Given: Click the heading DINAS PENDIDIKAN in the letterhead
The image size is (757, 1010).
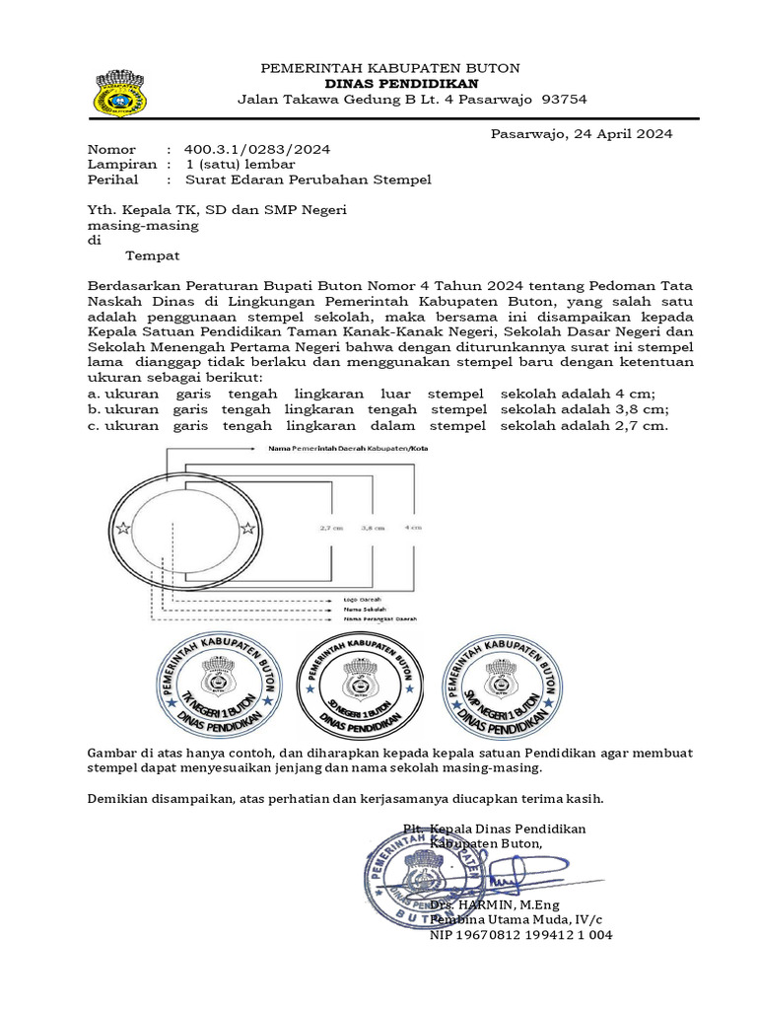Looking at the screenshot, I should [x=389, y=84].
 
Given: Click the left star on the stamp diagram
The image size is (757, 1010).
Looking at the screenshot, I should [x=122, y=529].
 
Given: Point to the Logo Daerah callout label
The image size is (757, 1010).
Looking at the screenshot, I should [x=363, y=599].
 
